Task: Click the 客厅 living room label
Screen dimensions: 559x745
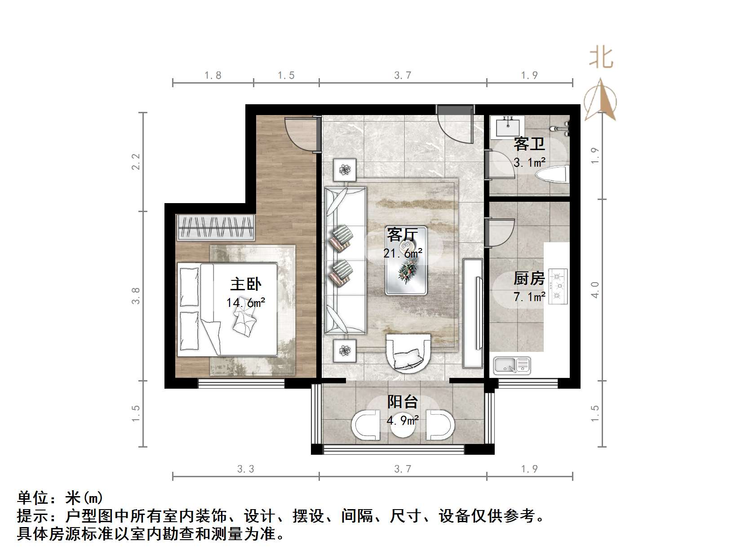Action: coord(402,235)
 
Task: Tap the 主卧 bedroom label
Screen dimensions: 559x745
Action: coord(246,284)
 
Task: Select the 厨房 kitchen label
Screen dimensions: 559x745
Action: coord(529,279)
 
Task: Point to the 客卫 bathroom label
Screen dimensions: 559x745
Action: coord(529,144)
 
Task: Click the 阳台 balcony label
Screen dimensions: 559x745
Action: coord(403,401)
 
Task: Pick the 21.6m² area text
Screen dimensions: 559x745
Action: coord(403,253)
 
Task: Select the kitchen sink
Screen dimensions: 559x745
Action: coord(512,365)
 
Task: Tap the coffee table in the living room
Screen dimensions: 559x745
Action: coord(406,268)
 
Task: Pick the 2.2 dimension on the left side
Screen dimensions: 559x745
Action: coord(136,162)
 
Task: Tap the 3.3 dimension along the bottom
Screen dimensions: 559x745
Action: coord(246,469)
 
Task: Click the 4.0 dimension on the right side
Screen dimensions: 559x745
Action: coord(595,290)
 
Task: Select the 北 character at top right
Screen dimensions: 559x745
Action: coord(601,58)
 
